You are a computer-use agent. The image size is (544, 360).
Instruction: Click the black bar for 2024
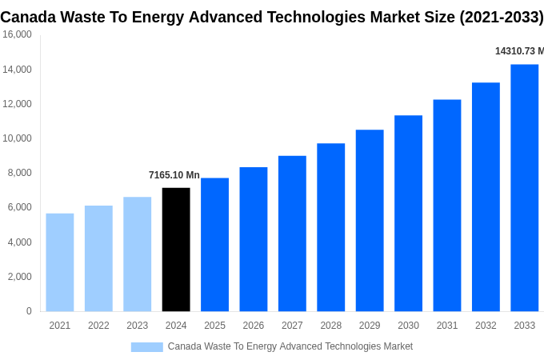(x=176, y=250)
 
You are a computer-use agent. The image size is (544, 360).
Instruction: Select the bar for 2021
(x=60, y=262)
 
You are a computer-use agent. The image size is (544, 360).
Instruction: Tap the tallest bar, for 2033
(x=524, y=188)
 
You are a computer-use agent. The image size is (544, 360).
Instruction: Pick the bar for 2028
(x=330, y=227)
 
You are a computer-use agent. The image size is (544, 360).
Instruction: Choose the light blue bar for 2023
(x=137, y=254)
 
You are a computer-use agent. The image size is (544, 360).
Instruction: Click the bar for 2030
(x=408, y=214)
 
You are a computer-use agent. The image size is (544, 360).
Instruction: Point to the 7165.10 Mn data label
(x=174, y=175)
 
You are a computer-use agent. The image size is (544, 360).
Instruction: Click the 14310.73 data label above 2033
(x=518, y=51)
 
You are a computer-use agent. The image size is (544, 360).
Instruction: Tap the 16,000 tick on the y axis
(x=17, y=34)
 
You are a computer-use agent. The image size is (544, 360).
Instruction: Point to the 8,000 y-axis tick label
(x=19, y=173)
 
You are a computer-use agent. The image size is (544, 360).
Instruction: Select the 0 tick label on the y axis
(x=29, y=311)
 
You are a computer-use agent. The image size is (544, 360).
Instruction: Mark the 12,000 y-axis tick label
(x=17, y=104)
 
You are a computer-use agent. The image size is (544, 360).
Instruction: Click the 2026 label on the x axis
(x=253, y=326)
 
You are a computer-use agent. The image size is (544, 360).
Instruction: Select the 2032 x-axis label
(x=486, y=326)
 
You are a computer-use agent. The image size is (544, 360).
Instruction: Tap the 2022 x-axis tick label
(x=98, y=326)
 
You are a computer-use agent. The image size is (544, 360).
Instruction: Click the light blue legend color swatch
(x=146, y=347)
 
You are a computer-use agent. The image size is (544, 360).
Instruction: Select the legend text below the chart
(x=290, y=346)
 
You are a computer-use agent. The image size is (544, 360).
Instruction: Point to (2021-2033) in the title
(x=501, y=17)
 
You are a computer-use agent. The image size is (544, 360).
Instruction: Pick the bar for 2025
(x=214, y=245)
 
